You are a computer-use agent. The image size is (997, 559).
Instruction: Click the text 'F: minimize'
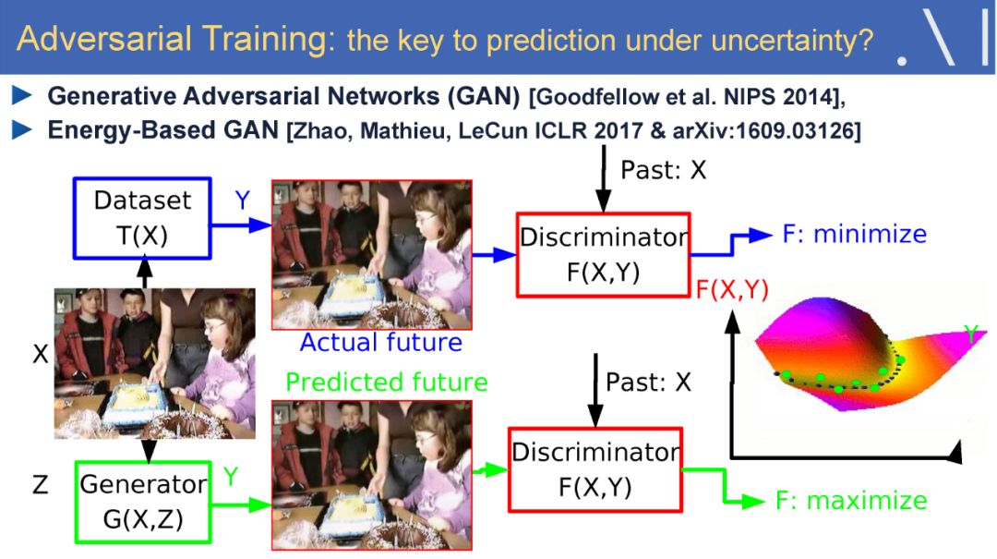point(854,235)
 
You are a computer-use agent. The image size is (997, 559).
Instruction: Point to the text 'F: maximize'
point(851,501)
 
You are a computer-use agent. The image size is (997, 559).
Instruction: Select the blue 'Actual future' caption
point(381,343)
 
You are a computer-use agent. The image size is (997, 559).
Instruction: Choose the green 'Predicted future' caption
point(387,382)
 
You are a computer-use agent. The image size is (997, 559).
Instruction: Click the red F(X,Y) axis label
point(732,290)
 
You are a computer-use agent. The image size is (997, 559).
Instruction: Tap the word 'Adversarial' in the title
point(104,38)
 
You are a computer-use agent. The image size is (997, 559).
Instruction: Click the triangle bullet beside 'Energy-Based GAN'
point(22,130)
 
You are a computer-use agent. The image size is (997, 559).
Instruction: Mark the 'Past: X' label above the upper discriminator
point(663,171)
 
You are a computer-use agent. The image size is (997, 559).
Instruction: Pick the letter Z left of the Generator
point(40,485)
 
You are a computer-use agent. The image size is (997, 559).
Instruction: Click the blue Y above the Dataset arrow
point(242,200)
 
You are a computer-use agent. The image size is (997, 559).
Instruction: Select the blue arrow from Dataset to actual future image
point(242,225)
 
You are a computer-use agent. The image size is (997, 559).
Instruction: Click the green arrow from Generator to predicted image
point(242,504)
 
